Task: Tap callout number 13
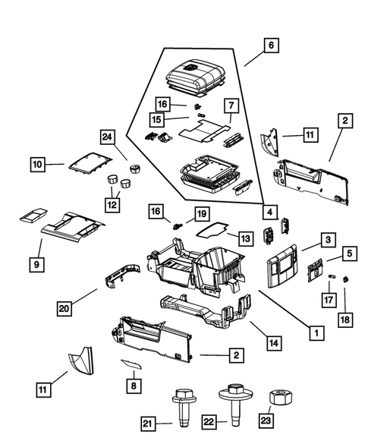(x=244, y=238)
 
